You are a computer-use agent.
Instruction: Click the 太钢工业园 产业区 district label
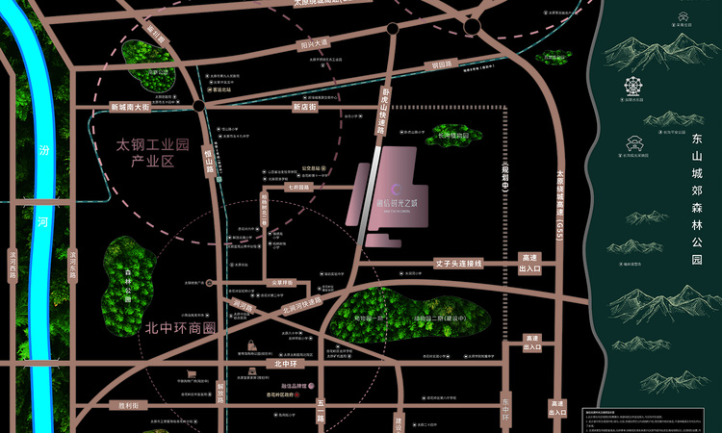point(151,152)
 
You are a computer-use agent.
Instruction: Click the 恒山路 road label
point(209,157)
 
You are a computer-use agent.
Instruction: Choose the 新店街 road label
point(304,107)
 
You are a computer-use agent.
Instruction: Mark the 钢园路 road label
point(441,66)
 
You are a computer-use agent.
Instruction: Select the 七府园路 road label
point(297,189)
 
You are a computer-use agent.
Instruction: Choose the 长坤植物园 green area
point(453,136)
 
